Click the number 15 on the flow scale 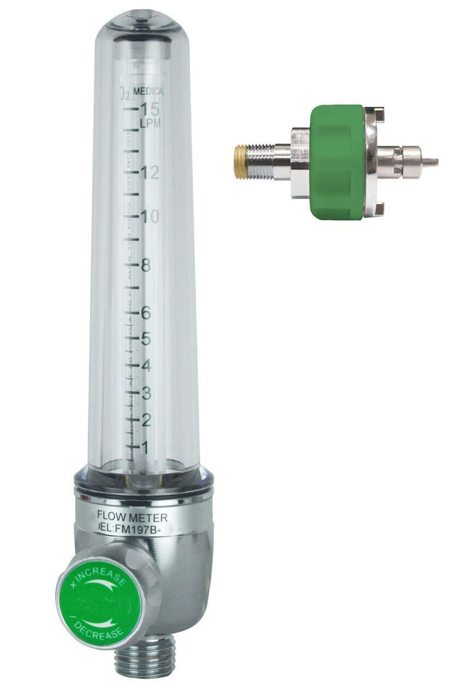(x=150, y=108)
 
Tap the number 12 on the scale (x=149, y=173)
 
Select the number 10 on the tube (x=149, y=217)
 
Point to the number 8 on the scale (x=146, y=266)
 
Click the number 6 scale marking (x=146, y=313)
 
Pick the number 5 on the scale (x=146, y=339)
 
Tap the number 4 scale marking (x=146, y=365)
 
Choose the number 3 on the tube (x=146, y=392)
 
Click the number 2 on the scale (x=146, y=419)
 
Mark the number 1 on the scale (x=145, y=447)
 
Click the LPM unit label (x=150, y=123)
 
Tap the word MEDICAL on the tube (x=148, y=92)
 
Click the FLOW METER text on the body (x=132, y=517)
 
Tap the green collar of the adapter (x=337, y=162)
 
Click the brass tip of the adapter (x=240, y=162)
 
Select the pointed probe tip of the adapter (x=431, y=162)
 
